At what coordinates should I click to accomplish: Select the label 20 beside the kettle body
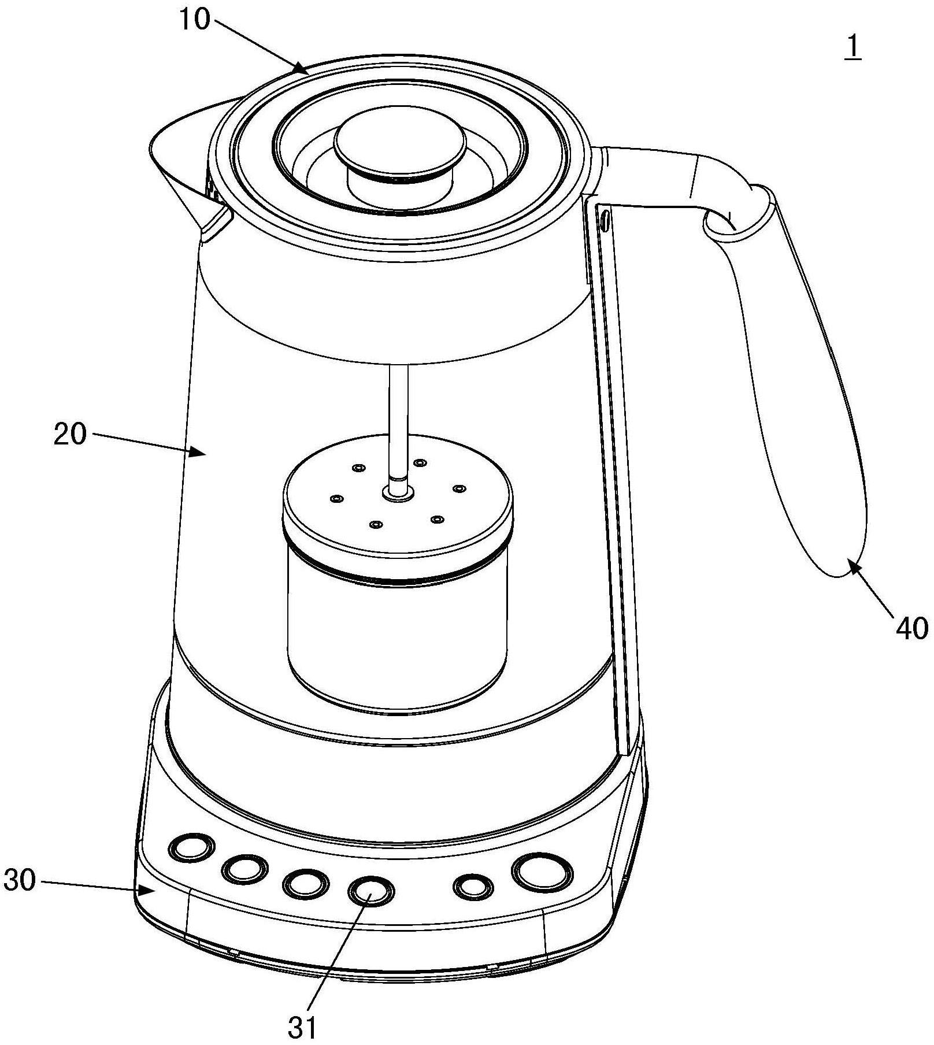pos(70,434)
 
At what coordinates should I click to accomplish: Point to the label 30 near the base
pos(20,881)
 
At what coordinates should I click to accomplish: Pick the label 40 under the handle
pos(911,628)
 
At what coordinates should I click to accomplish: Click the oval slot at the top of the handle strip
pos(605,221)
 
